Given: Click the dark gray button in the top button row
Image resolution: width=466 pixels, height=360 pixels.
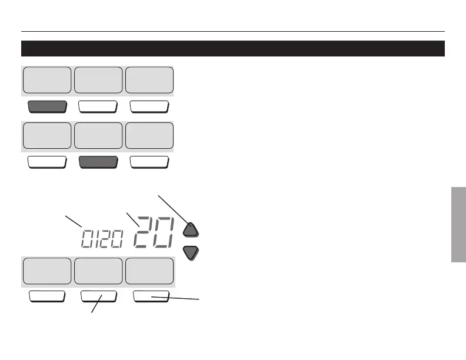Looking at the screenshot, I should [x=47, y=107].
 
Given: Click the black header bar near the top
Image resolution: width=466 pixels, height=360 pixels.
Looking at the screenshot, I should [x=232, y=48].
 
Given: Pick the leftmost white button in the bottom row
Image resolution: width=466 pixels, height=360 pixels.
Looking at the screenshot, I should [x=47, y=296].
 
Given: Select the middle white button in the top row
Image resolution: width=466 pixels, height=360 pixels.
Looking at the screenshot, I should [x=98, y=107].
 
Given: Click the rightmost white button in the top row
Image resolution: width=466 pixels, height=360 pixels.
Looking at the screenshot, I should [x=149, y=107].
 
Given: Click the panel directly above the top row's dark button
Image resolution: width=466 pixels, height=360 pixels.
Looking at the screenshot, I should [x=47, y=81].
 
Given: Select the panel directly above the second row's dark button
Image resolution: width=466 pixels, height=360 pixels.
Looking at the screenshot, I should [x=98, y=136].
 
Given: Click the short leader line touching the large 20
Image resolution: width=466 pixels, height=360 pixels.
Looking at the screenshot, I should [x=132, y=219].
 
